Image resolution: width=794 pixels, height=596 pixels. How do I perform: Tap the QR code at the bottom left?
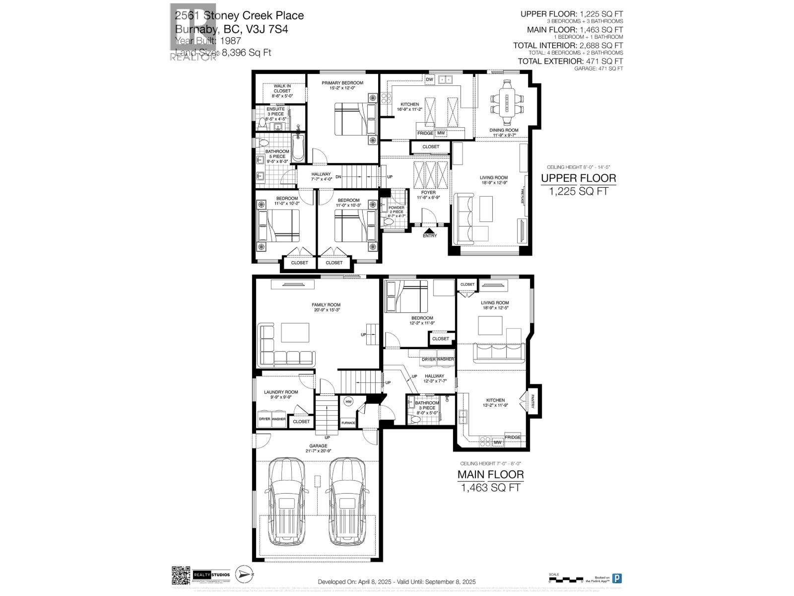[181, 575]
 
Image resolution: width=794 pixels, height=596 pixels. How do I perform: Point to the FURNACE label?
[348, 423]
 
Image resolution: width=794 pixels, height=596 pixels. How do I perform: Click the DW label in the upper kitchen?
[430, 79]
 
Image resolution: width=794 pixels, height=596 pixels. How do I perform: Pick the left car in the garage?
[287, 502]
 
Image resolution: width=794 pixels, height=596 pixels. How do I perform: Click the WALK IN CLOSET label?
[282, 88]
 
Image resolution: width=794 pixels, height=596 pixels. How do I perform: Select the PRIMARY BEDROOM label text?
[342, 83]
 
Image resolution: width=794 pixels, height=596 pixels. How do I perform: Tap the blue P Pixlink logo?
[617, 578]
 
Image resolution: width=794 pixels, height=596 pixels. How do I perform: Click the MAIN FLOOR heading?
[490, 474]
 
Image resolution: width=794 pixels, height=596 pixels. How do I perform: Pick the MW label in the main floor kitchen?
[497, 442]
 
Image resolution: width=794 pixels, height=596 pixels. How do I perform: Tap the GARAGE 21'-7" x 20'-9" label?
[318, 448]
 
